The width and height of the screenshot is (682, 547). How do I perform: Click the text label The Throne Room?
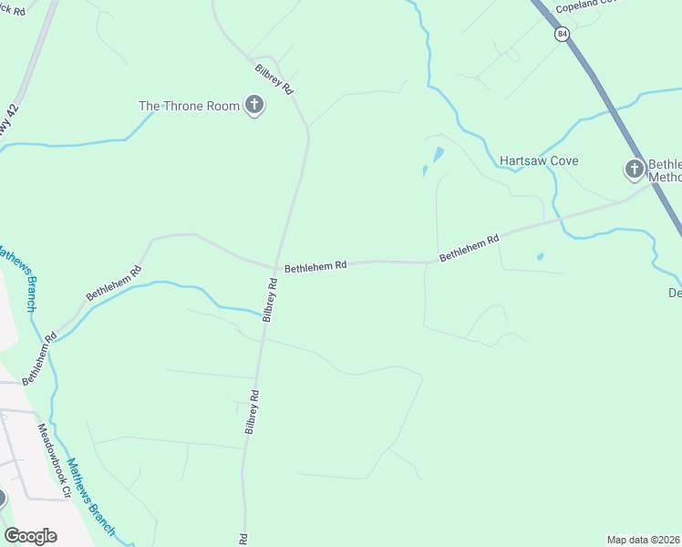(x=189, y=106)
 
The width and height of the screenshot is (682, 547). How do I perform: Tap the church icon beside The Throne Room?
(x=254, y=106)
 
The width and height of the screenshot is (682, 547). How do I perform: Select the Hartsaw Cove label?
(x=539, y=161)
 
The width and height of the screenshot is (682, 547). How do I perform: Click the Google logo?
(x=31, y=536)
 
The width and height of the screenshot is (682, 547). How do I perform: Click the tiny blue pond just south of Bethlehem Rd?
(x=541, y=257)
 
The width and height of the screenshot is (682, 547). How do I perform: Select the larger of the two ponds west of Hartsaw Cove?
(x=439, y=154)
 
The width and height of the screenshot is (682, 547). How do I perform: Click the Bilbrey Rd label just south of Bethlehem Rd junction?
(x=270, y=300)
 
